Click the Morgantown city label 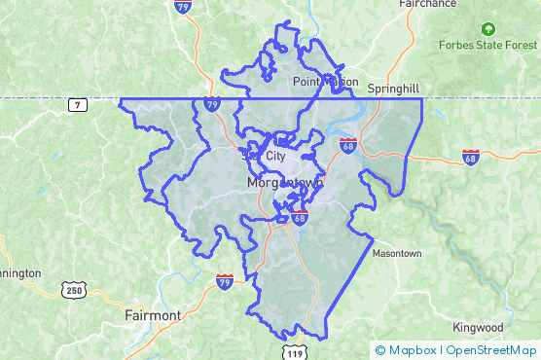[284, 183]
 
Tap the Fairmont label [153, 316]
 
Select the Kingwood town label [478, 328]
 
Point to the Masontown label [396, 253]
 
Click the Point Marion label [325, 83]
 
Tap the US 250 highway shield [74, 290]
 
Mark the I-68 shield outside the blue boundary [471, 158]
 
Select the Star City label [266, 155]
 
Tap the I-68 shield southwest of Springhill [347, 146]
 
